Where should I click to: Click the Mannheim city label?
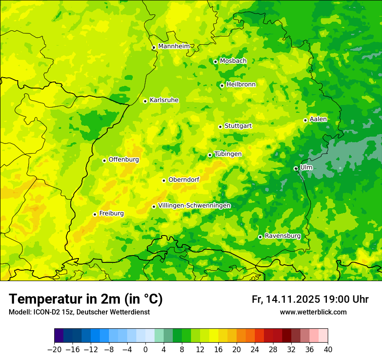tap(174, 46)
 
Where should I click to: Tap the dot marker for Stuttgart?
tap(220, 127)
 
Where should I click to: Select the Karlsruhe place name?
tap(164, 100)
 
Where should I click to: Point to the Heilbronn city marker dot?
tap(222, 85)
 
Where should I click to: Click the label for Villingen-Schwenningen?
tap(194, 206)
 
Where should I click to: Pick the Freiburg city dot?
tap(95, 214)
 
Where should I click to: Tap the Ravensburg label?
tap(282, 236)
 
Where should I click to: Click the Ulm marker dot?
tap(296, 168)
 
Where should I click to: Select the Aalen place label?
tap(318, 119)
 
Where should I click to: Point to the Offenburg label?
tap(124, 160)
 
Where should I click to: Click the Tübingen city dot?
tap(210, 155)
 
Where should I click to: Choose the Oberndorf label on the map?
tap(184, 180)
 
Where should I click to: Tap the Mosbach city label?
tap(233, 61)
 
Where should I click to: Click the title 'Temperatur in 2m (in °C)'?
tap(86, 299)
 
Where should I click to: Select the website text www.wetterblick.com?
tap(313, 312)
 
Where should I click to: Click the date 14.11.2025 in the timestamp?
tap(293, 300)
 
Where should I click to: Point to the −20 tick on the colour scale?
tap(54, 350)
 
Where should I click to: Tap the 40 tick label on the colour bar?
tap(328, 350)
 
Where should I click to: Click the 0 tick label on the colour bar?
tap(145, 350)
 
